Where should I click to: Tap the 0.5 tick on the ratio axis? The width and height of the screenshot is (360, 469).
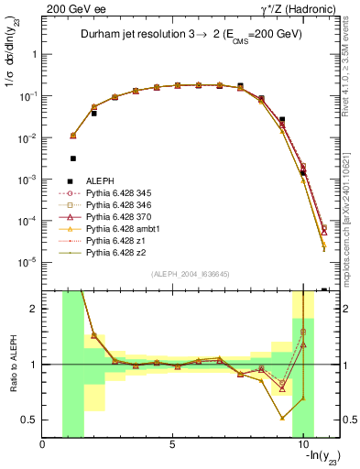coord(32,420)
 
